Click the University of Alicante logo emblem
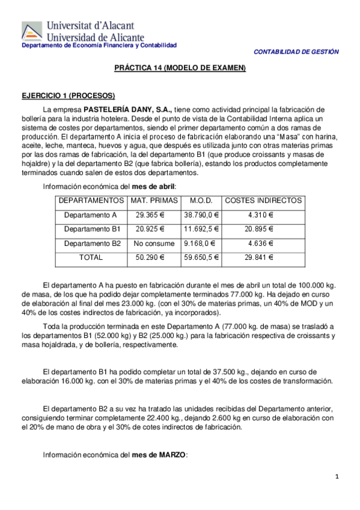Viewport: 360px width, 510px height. pos(31,32)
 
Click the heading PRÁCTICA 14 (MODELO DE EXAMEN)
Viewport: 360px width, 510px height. pos(180,69)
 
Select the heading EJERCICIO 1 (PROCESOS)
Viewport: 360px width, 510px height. pos(68,96)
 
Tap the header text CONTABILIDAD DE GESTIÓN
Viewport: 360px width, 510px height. pos(296,52)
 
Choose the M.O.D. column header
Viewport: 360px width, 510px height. pos(201,200)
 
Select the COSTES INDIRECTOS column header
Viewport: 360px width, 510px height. pos(263,200)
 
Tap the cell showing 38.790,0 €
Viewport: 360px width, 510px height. pos(201,215)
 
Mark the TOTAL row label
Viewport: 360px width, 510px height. pos(91,257)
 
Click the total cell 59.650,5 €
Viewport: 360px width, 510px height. pos(201,257)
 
